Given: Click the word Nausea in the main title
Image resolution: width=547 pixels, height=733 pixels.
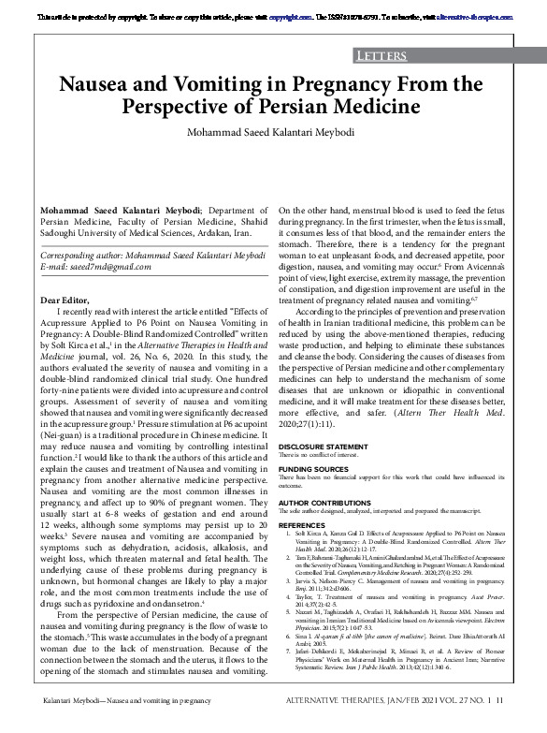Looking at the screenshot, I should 105,85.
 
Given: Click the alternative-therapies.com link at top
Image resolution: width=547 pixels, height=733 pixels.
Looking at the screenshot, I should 466,17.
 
